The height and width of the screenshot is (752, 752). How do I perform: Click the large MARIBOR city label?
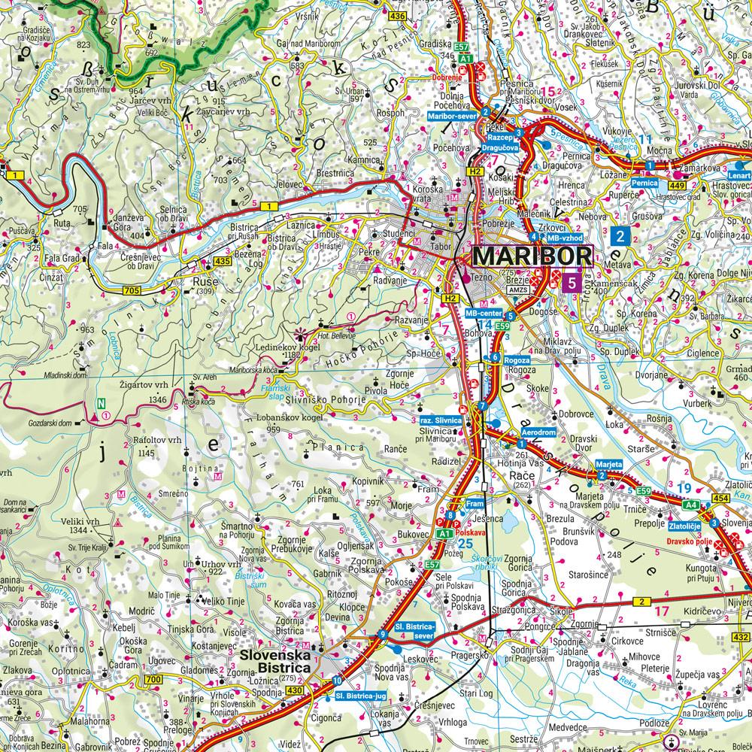click(x=532, y=256)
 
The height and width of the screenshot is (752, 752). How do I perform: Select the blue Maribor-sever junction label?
click(x=453, y=117)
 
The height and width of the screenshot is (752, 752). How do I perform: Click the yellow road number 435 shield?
click(x=221, y=260)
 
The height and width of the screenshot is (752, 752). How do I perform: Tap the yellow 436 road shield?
click(x=397, y=15)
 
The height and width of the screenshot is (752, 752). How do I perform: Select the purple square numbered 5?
click(x=574, y=284)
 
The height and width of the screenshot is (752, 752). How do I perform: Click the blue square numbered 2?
click(x=620, y=236)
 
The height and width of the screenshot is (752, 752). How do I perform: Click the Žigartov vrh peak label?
click(x=141, y=384)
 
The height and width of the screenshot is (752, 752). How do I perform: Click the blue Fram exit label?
click(x=474, y=503)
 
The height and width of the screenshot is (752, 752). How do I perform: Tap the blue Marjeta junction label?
click(x=609, y=465)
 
